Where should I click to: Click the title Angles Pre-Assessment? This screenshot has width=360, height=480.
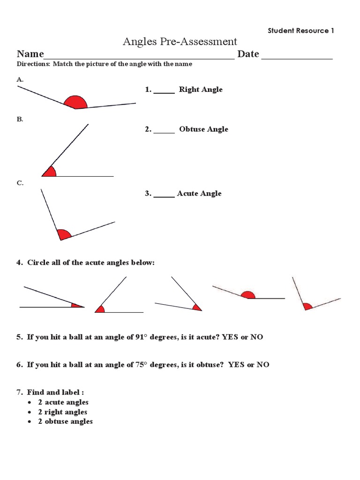[x=180, y=42]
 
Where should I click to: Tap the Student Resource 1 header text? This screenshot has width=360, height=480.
[x=300, y=30]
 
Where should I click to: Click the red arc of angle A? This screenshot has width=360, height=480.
[x=75, y=103]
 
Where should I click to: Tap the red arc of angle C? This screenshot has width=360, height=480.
[x=64, y=234]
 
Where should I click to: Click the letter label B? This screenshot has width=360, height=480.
[x=20, y=120]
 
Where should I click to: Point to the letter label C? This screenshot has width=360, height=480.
[x=20, y=183]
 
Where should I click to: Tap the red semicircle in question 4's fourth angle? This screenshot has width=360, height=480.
[x=247, y=295]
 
